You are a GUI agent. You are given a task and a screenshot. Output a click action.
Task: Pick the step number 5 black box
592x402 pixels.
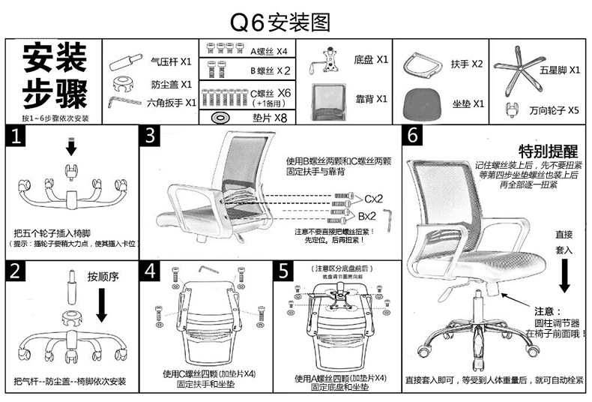coord(284,271)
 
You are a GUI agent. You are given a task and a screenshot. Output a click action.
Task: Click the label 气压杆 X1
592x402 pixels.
coord(172,61)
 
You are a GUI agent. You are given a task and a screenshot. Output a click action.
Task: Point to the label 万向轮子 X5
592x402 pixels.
coord(554,110)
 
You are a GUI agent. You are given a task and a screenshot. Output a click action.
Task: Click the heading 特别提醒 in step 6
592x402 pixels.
coord(545,150)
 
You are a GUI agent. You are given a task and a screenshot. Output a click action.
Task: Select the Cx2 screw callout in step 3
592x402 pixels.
coord(372,198)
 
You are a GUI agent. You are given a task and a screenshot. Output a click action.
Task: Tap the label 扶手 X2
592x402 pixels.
coord(468,64)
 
